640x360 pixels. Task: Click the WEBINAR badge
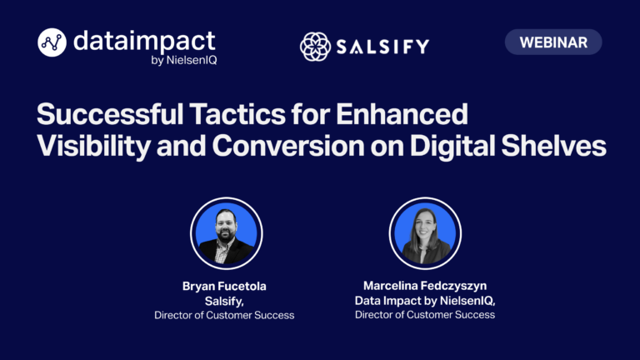pyautogui.click(x=553, y=42)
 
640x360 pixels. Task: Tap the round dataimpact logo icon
pyautogui.click(x=52, y=42)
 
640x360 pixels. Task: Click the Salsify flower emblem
pyautogui.click(x=315, y=47)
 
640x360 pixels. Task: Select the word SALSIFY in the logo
pyautogui.click(x=382, y=47)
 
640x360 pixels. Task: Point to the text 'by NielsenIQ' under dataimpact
pyautogui.click(x=183, y=60)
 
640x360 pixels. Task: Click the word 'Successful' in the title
pyautogui.click(x=110, y=114)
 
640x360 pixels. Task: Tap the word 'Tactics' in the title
pyautogui.click(x=237, y=114)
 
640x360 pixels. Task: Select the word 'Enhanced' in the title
pyautogui.click(x=402, y=114)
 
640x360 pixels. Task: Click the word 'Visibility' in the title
pyautogui.click(x=93, y=146)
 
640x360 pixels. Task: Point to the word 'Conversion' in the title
pyautogui.click(x=287, y=146)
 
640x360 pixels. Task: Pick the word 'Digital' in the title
pyautogui.click(x=452, y=146)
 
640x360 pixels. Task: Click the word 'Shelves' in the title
pyautogui.click(x=553, y=146)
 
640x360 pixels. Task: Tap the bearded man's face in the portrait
pyautogui.click(x=226, y=226)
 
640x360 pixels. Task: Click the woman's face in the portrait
pyautogui.click(x=424, y=227)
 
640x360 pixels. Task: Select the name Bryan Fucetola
pyautogui.click(x=224, y=286)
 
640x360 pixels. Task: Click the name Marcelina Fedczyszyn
pyautogui.click(x=425, y=286)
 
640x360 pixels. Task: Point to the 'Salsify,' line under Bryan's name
pyautogui.click(x=224, y=301)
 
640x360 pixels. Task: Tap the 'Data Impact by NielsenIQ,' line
pyautogui.click(x=425, y=301)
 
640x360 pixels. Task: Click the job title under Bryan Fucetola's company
pyautogui.click(x=224, y=315)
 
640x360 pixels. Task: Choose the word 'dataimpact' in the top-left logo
pyautogui.click(x=144, y=41)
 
